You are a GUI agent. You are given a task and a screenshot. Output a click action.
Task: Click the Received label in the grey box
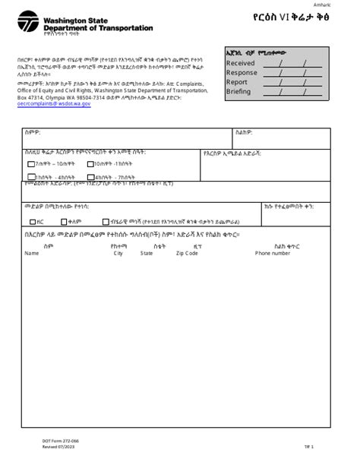click(241, 64)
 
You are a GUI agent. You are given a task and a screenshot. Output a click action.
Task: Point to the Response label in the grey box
click(242, 73)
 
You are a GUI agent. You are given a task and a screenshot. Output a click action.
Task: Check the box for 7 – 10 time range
click(30, 164)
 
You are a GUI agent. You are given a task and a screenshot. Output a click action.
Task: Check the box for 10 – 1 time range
click(90, 164)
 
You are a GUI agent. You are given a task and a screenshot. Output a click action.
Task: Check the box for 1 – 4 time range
click(30, 177)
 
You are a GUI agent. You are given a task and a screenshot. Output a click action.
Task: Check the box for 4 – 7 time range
click(90, 177)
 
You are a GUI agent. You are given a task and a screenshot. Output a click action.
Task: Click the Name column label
click(31, 254)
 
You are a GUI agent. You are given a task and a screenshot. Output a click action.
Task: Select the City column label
click(118, 254)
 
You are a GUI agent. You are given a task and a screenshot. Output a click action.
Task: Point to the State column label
click(147, 254)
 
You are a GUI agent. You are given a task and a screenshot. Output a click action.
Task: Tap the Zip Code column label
click(187, 254)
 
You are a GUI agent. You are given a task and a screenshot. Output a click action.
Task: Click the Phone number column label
click(272, 254)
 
